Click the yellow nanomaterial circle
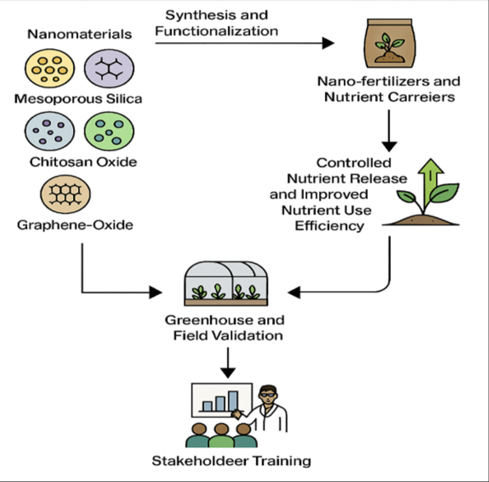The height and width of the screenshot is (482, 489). tap(50, 69)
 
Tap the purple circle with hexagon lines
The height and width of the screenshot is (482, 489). tap(109, 69)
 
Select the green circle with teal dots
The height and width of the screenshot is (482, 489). tap(109, 132)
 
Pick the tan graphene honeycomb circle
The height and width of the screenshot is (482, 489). tap(65, 194)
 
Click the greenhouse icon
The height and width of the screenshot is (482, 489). tap(226, 283)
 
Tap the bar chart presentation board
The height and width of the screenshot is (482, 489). tap(221, 400)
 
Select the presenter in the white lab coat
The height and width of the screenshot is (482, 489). tap(269, 410)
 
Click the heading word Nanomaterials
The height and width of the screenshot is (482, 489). tap(80, 34)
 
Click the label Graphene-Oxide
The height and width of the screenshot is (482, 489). tap(75, 225)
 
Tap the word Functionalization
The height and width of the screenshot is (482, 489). tap(217, 31)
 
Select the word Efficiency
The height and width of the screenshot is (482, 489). tap(329, 226)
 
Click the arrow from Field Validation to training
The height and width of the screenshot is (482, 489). tap(228, 363)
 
